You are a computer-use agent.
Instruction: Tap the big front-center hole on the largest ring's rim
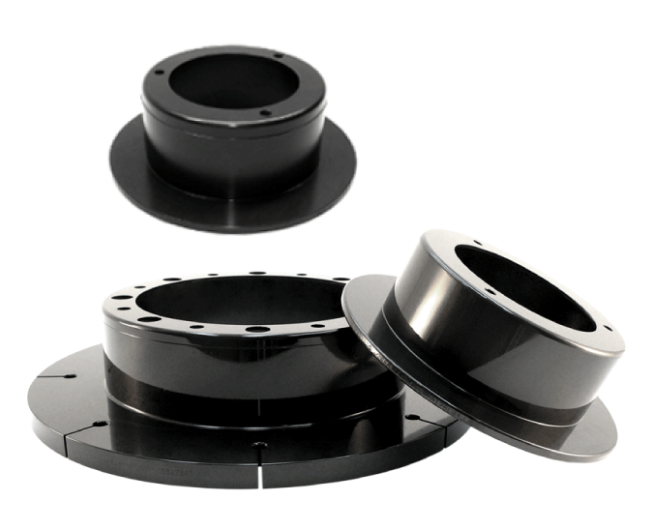[x=257, y=330]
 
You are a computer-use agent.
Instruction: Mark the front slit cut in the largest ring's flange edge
[x=259, y=456]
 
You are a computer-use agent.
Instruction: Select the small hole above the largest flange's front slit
[x=259, y=443]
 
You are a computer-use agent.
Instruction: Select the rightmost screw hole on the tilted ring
[x=608, y=330]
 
